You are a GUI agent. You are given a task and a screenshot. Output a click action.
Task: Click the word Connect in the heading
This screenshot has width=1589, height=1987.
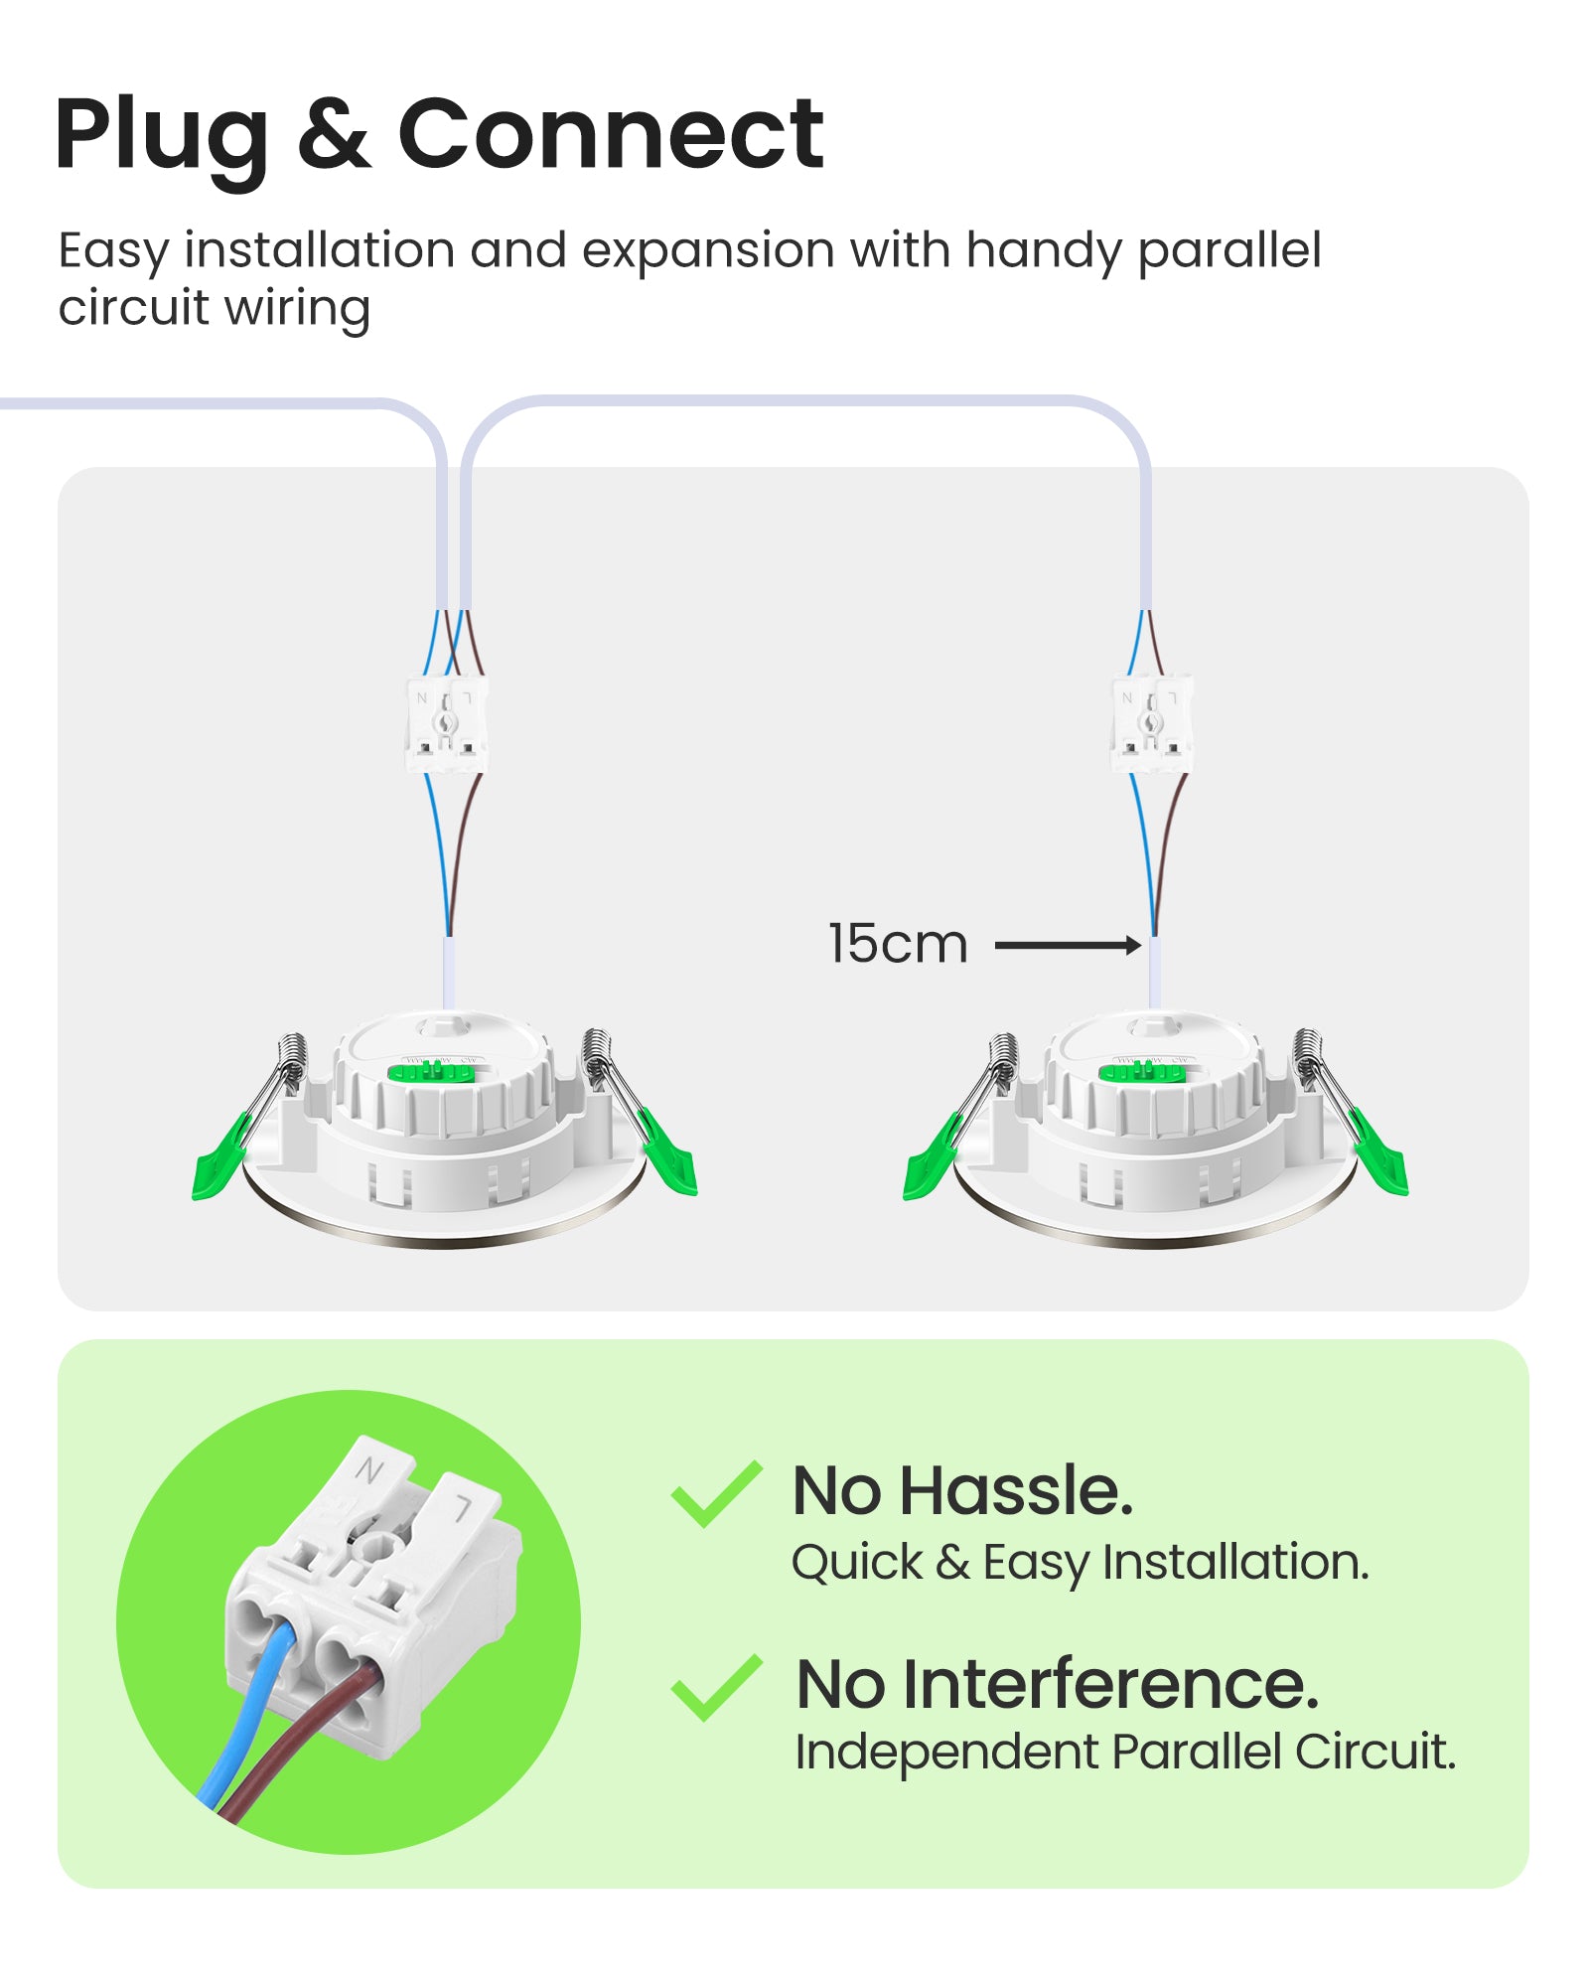click(610, 134)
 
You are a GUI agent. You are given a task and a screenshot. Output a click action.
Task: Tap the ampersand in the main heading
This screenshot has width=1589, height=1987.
click(334, 134)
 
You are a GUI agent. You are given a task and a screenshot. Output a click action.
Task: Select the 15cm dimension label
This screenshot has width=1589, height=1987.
click(897, 944)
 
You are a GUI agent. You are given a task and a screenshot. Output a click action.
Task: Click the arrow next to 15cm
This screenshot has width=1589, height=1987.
click(1068, 945)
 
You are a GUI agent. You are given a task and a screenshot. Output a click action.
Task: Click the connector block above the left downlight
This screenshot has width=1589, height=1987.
click(446, 724)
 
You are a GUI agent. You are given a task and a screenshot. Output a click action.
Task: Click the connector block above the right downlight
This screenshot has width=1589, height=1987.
click(1151, 724)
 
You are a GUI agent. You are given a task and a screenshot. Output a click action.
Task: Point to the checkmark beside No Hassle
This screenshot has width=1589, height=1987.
click(715, 1493)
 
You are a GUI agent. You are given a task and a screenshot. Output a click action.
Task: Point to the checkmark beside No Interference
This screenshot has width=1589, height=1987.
click(715, 1687)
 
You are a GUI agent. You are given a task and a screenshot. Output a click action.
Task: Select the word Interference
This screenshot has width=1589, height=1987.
click(1110, 1685)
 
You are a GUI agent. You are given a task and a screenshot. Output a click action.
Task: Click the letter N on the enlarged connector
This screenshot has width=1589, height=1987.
click(369, 1470)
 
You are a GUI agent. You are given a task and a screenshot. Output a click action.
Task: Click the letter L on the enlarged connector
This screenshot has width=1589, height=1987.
click(463, 1510)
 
